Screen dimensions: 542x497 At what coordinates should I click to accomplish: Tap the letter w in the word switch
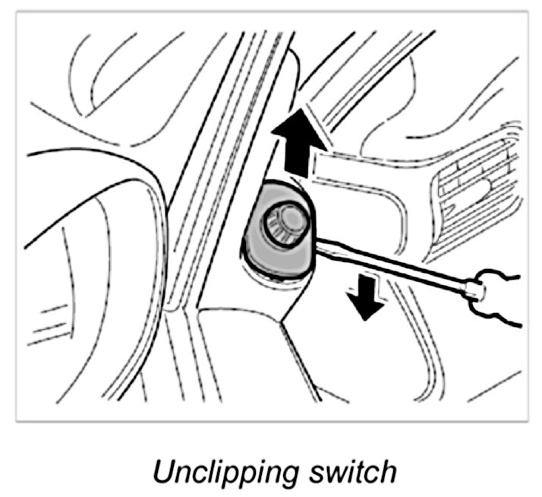[327, 472]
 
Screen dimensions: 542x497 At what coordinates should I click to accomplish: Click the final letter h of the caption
[387, 470]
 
